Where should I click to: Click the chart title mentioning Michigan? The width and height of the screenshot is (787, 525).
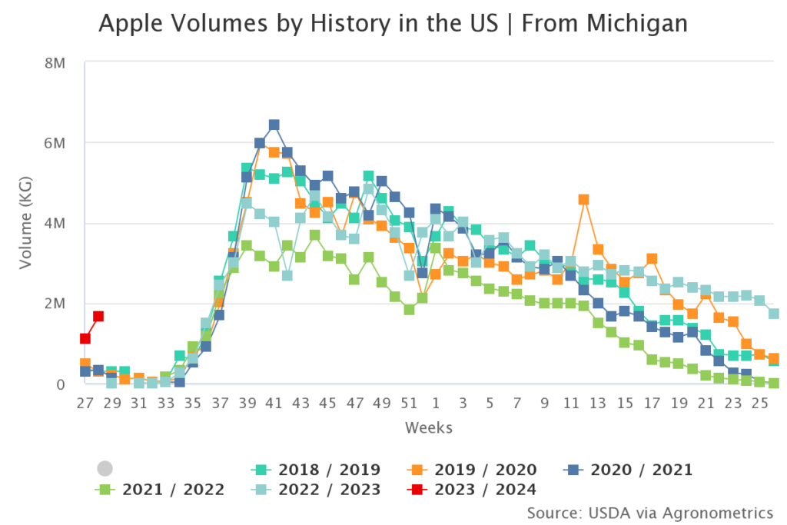(x=393, y=25)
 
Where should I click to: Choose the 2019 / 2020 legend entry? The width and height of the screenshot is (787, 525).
(x=470, y=470)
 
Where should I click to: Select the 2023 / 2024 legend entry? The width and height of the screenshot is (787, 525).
(x=470, y=490)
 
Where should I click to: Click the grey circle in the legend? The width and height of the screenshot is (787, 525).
(x=105, y=469)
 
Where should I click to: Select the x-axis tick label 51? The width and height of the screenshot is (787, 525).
(x=410, y=404)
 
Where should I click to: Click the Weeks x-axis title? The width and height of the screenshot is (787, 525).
(x=430, y=427)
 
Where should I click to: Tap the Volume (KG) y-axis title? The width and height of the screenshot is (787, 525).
(x=27, y=223)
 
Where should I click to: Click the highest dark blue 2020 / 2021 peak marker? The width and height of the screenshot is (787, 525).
(x=274, y=125)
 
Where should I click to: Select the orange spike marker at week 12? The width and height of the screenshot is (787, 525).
(x=584, y=199)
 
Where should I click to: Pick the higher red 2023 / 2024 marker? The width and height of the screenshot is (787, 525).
(x=98, y=316)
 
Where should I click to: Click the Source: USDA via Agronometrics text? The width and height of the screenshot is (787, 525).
(x=649, y=512)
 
